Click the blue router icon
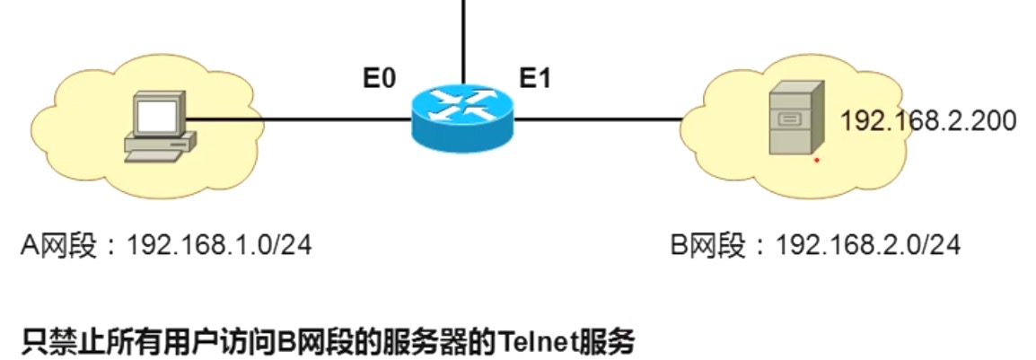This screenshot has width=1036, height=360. click(461, 121)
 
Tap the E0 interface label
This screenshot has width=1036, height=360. click(379, 79)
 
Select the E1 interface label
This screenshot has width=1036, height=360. click(535, 79)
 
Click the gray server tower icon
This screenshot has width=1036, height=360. click(794, 121)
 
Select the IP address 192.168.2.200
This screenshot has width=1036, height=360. click(927, 121)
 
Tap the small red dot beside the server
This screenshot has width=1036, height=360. click(816, 161)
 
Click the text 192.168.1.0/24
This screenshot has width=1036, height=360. click(220, 244)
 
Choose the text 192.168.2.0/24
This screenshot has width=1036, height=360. click(868, 244)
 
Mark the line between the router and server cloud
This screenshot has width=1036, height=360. click(597, 118)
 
